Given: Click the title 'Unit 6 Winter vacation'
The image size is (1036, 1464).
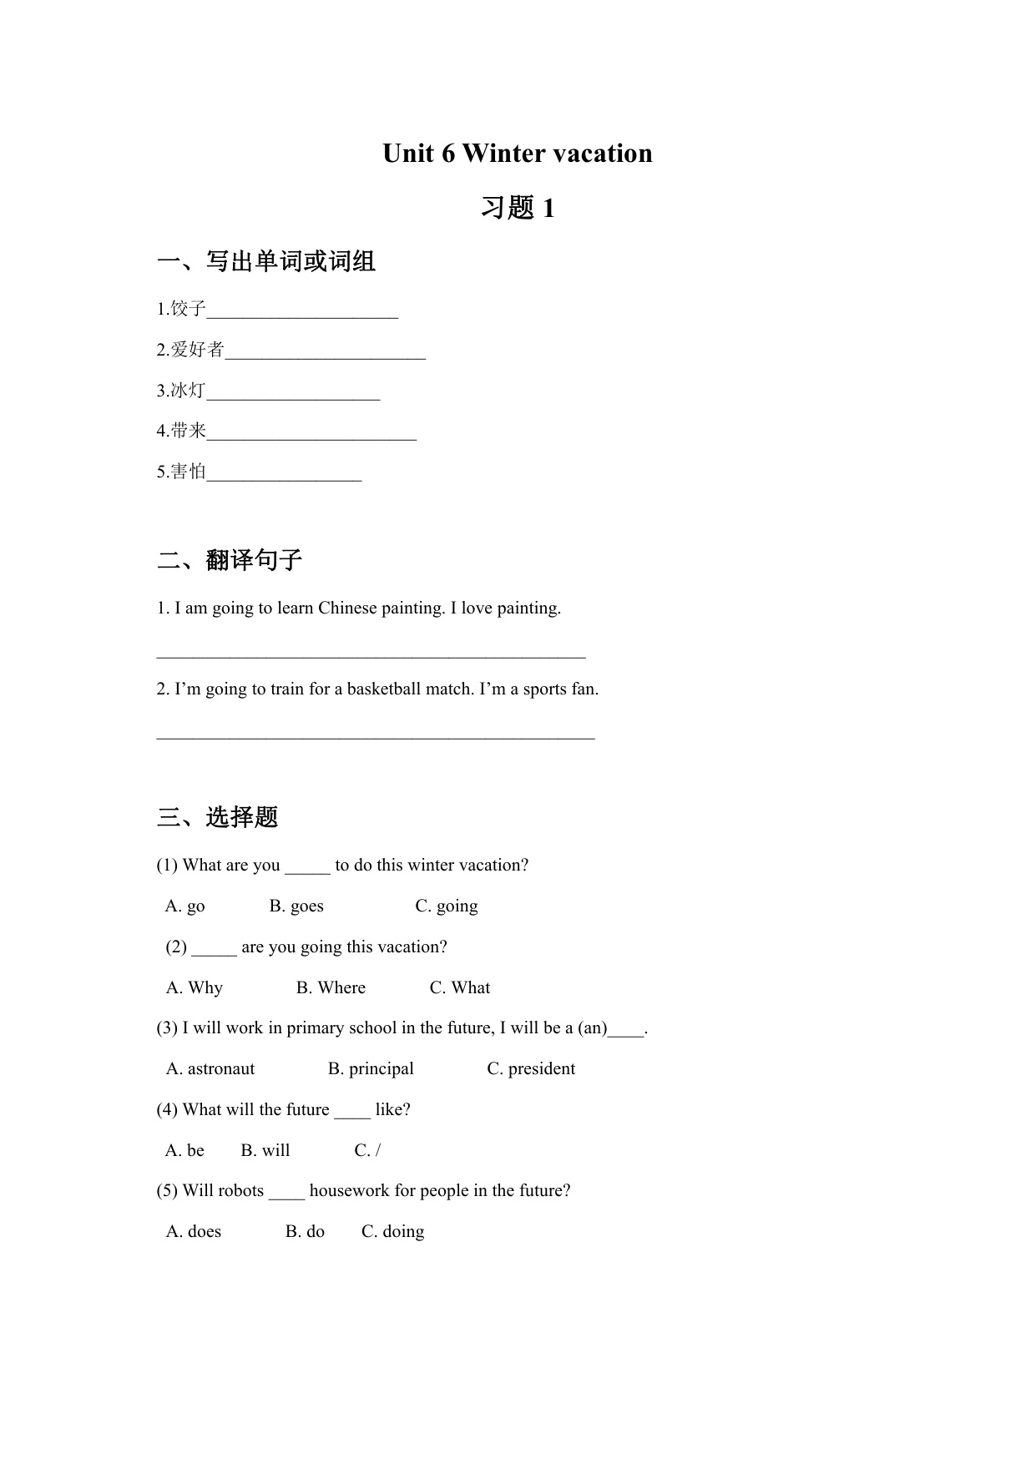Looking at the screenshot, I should click(517, 154).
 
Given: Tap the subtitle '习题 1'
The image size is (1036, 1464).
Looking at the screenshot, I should click(517, 208).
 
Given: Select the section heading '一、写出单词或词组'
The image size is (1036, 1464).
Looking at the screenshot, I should click(266, 262).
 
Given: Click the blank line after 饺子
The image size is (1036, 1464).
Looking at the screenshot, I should click(302, 315).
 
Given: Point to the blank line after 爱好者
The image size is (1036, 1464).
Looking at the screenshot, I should click(326, 356).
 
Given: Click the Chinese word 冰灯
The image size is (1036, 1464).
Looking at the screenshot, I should click(188, 391).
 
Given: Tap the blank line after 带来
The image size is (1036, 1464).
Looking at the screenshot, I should click(311, 437).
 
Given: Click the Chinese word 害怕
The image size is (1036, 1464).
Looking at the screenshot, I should click(188, 472).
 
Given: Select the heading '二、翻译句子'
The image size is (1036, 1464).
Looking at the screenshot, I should click(230, 560).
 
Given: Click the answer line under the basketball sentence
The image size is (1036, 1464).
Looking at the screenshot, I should click(376, 737).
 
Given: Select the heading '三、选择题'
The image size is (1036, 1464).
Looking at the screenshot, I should click(218, 817).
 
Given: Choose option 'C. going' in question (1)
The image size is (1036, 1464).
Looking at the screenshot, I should click(447, 906).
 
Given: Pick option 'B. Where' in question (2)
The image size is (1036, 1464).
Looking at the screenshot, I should click(331, 988).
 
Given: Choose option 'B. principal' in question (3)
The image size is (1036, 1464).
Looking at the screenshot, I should click(371, 1069).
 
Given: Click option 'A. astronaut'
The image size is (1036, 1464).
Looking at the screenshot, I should click(210, 1069).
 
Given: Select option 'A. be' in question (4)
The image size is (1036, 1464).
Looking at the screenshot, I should click(184, 1151).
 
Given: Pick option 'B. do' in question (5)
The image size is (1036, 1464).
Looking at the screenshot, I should click(305, 1232).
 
